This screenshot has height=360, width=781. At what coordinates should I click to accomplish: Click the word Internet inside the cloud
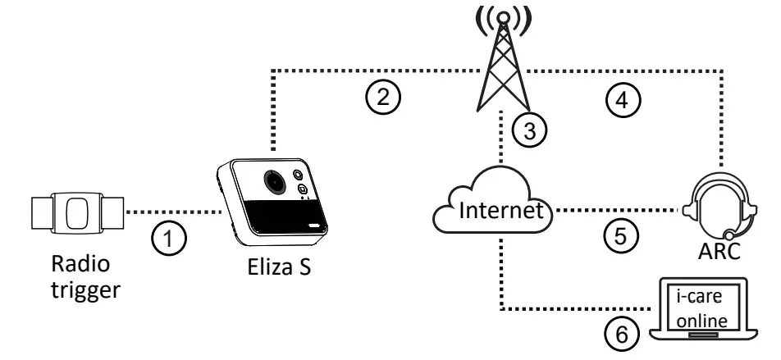pyautogui.click(x=500, y=211)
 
